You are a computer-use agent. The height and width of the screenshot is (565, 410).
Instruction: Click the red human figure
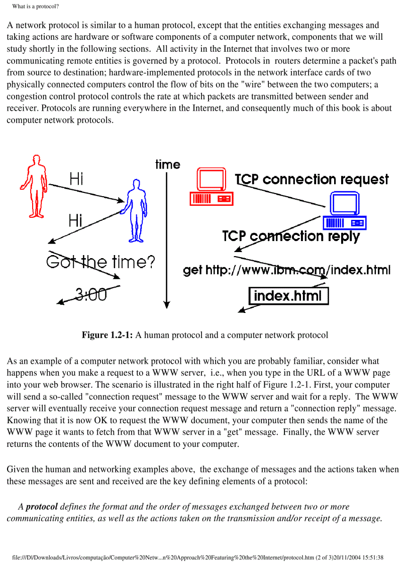35,186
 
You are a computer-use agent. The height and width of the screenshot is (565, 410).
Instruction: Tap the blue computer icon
345,212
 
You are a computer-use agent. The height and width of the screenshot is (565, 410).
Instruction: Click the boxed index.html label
288,295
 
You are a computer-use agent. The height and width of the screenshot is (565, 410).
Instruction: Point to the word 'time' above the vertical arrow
168,165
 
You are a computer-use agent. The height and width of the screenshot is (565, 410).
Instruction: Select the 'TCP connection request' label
312,180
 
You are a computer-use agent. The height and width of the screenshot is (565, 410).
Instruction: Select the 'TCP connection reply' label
291,236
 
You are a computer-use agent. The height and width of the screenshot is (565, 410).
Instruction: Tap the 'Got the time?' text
100,262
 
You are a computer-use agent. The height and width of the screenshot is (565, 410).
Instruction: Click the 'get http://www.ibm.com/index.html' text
286,270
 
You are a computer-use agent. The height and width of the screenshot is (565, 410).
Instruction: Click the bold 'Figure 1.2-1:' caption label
107,335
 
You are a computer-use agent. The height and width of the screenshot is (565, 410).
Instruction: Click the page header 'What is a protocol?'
36,7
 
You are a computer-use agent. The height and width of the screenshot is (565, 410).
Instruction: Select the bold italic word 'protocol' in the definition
42,507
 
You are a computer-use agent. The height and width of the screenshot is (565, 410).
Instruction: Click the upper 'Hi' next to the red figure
77,178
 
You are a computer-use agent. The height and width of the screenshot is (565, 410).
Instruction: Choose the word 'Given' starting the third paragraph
18,469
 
